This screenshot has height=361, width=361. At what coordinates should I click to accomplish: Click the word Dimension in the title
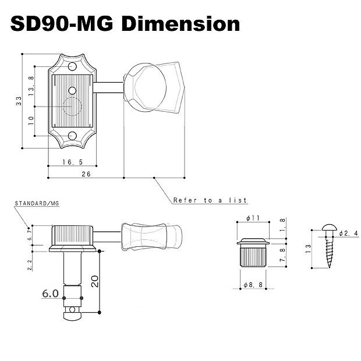click(181, 24)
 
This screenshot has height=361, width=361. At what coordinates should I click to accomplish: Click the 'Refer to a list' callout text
click(210, 200)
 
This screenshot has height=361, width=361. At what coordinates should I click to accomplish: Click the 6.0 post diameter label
click(50, 294)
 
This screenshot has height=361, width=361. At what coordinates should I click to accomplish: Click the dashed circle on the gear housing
click(73, 107)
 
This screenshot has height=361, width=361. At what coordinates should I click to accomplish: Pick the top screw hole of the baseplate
click(72, 65)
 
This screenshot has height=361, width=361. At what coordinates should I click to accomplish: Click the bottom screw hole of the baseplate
click(73, 137)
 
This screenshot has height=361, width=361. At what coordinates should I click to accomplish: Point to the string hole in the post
click(72, 309)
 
